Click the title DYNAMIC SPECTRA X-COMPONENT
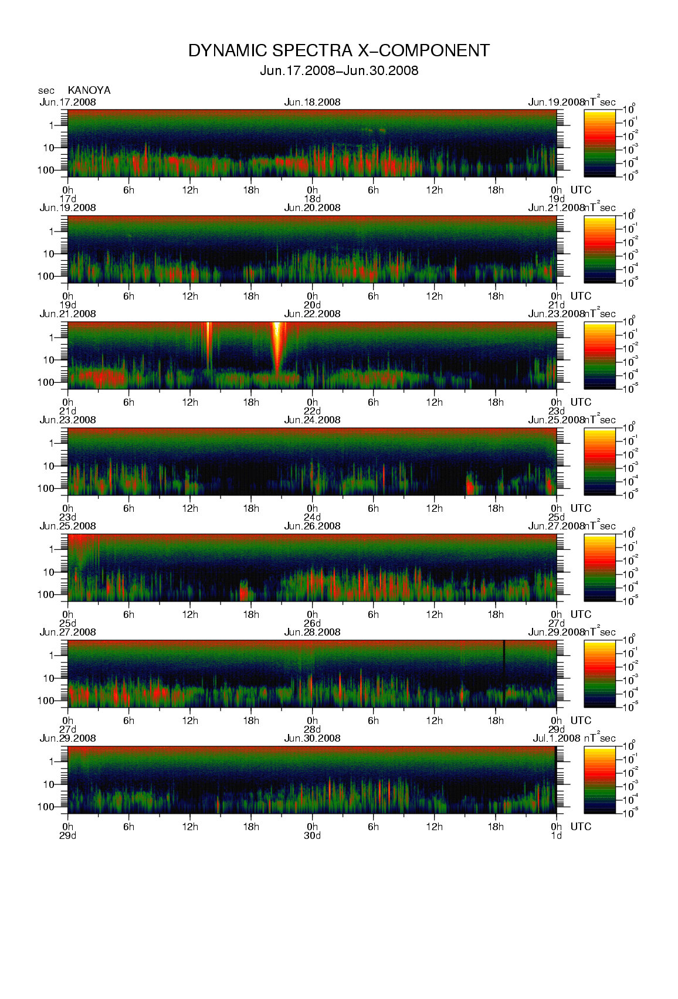[x=338, y=51]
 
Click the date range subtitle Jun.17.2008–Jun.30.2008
[x=338, y=71]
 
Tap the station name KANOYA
[x=89, y=90]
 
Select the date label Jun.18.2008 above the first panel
[x=312, y=102]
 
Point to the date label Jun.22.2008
[x=312, y=314]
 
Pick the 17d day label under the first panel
[x=68, y=199]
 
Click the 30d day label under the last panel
[x=312, y=835]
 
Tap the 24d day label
[x=312, y=517]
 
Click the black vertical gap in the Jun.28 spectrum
[x=504, y=662]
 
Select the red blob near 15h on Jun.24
[x=470, y=485]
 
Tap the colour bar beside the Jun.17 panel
[x=599, y=143]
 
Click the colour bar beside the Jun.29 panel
[x=599, y=780]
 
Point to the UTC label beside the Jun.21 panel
[x=581, y=402]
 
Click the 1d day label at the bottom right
[x=556, y=835]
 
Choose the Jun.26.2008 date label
[x=312, y=526]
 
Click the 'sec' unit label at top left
[x=46, y=90]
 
